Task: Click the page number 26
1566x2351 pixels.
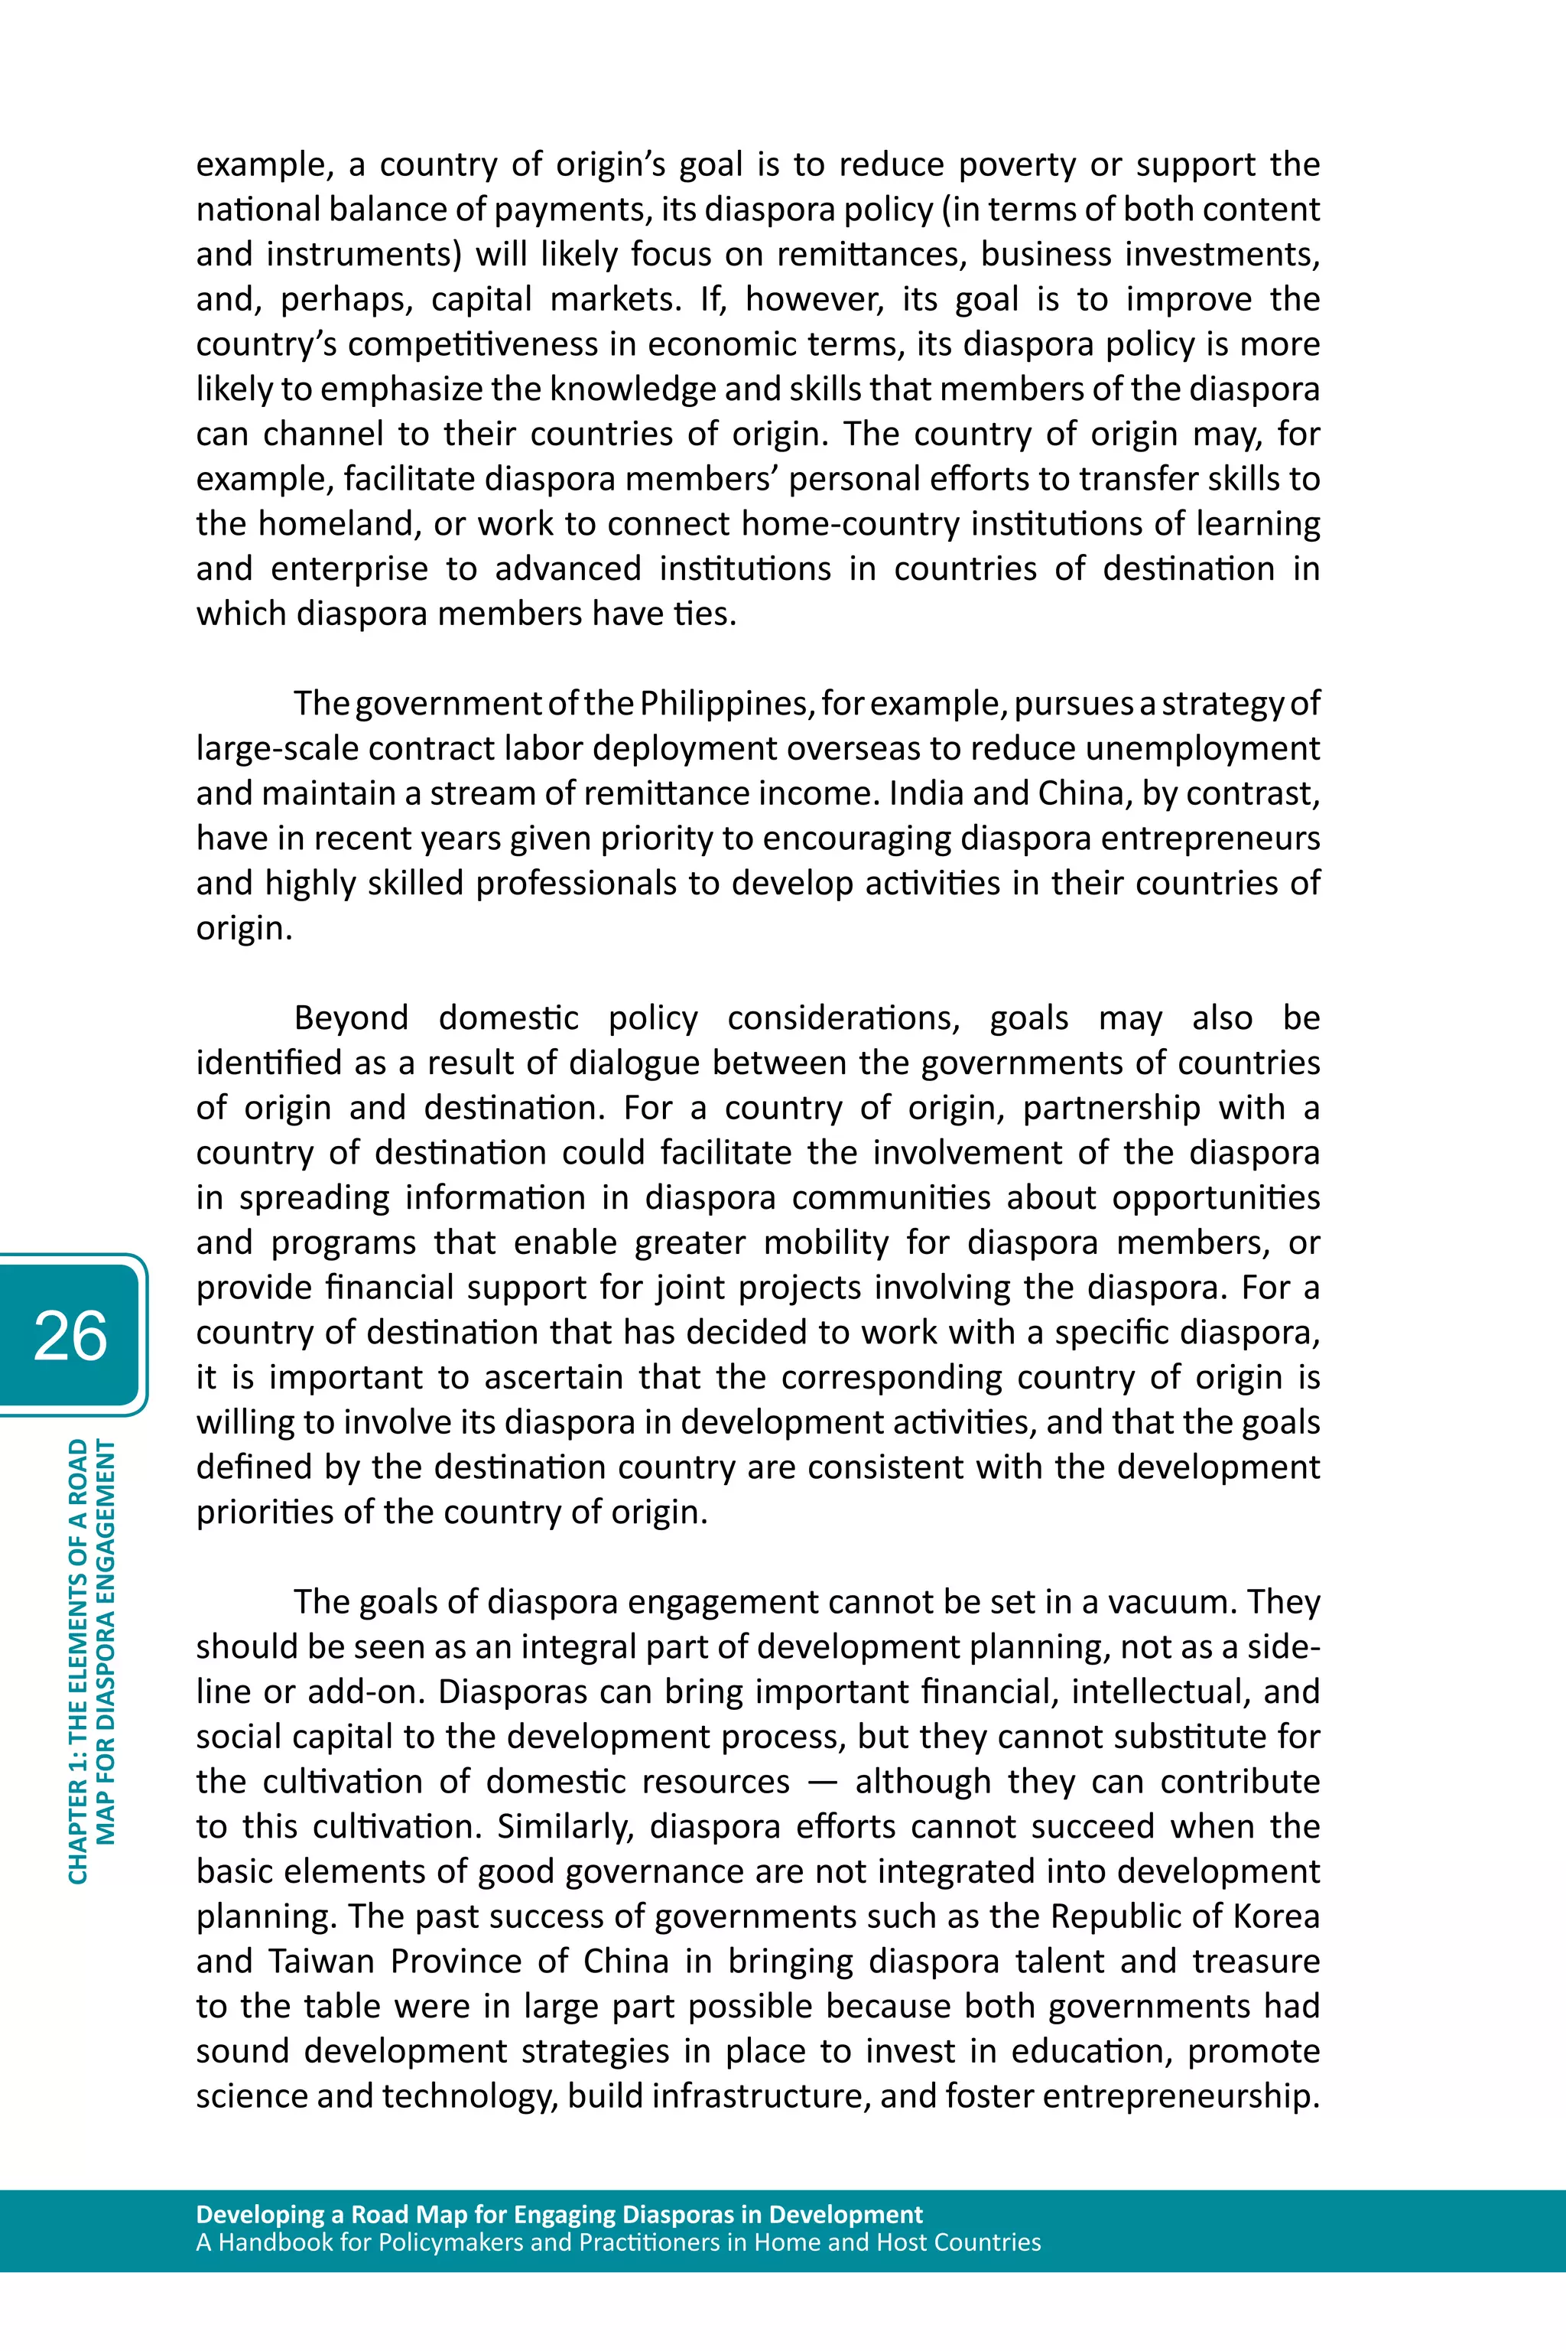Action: point(70,1336)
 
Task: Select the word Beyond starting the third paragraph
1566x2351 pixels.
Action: point(350,1018)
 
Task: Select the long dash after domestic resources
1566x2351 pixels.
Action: point(821,1783)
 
